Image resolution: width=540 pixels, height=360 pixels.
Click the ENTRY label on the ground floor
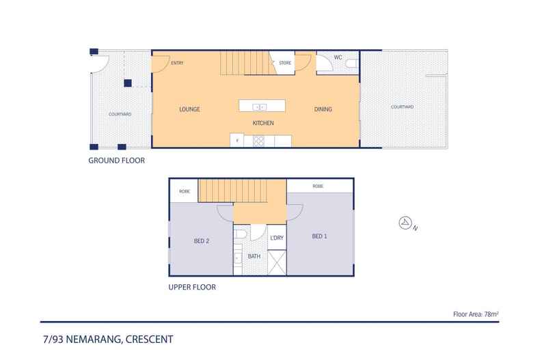(177, 64)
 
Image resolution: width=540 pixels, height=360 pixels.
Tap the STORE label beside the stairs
(285, 64)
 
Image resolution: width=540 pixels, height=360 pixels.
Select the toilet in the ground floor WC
(351, 63)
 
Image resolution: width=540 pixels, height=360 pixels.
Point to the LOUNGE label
(189, 109)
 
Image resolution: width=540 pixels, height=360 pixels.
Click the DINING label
(323, 109)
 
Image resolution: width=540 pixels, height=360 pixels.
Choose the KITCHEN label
(263, 123)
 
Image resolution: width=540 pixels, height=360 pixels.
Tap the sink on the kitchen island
(260, 107)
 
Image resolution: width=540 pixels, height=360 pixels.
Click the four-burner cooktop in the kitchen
(259, 141)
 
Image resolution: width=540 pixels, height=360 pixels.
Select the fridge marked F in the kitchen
(237, 141)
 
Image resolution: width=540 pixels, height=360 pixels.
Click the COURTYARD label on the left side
(120, 115)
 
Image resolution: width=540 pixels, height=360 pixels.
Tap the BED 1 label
(319, 236)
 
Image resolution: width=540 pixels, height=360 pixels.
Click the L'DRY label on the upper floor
(277, 238)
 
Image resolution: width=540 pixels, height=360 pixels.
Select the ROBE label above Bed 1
(318, 186)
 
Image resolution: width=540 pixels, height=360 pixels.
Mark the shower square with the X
(277, 262)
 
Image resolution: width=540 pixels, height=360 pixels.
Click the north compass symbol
(405, 223)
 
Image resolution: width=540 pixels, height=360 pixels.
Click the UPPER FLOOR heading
(192, 288)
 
